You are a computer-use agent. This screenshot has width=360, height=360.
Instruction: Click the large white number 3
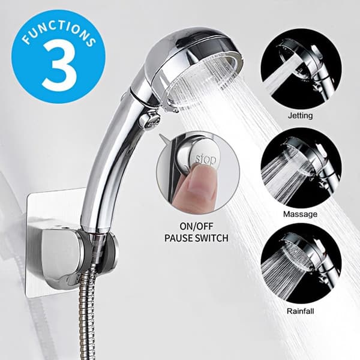59,67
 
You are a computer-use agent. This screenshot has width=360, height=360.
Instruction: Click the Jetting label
301,115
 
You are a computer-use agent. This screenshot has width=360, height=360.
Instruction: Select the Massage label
300,214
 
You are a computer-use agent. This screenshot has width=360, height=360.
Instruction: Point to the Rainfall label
300,311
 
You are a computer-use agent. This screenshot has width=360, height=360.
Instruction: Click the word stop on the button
206,159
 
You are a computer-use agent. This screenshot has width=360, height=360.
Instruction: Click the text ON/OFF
196,226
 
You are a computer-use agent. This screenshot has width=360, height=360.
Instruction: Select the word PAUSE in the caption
178,238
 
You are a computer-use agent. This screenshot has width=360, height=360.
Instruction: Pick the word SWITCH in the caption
212,238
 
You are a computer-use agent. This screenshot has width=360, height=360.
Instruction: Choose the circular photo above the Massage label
301,168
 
